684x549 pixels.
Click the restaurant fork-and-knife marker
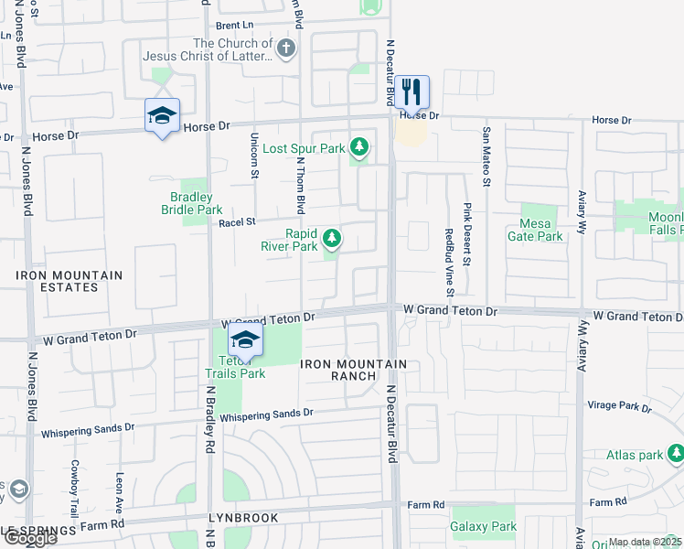411,92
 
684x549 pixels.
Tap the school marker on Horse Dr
162,116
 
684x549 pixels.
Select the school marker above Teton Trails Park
244,340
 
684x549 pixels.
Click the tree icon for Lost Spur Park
360,146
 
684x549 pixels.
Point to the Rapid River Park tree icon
332,239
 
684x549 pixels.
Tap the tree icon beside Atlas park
676,453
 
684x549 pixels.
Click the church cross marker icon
286,48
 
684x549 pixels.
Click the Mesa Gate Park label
535,230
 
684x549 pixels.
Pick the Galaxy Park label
484,526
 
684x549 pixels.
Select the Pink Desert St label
466,234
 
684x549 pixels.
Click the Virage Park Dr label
620,405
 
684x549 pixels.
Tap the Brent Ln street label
235,26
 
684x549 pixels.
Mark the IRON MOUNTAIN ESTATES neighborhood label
69,281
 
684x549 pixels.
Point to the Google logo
29,538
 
